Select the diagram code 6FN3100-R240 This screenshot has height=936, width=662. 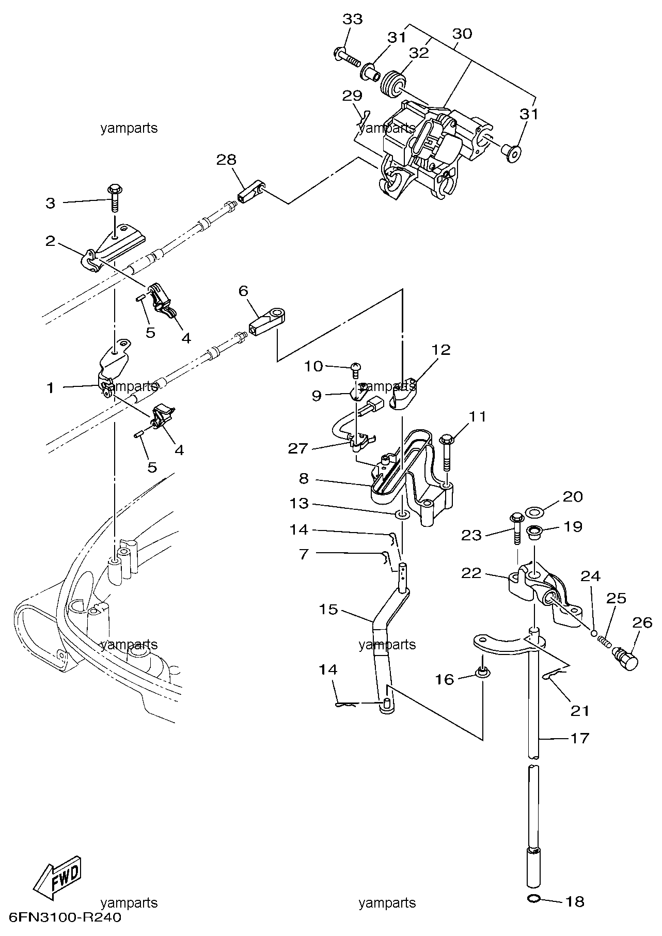tap(62, 918)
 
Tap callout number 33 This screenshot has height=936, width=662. tap(352, 19)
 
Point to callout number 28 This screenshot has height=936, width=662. tap(226, 160)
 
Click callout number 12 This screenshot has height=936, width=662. tap(442, 350)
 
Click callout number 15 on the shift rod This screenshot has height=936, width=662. tap(328, 610)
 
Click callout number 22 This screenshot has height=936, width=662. tap(471, 573)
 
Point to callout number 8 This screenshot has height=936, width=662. tap(303, 478)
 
